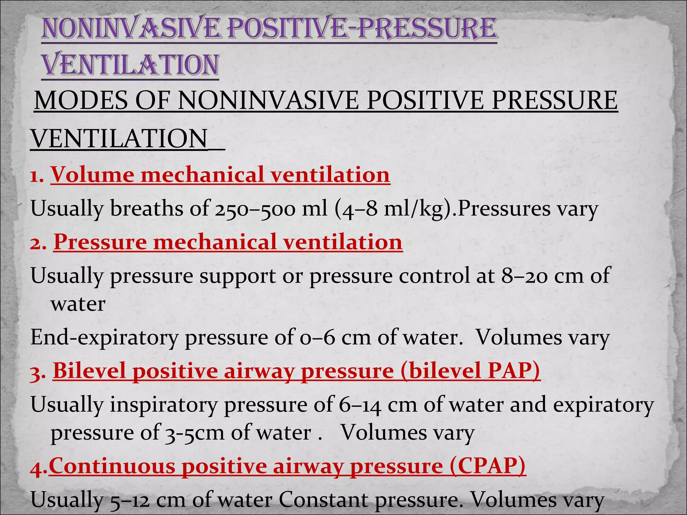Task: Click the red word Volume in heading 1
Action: click(x=92, y=175)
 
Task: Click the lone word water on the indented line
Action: click(x=78, y=304)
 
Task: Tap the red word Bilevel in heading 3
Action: click(x=90, y=371)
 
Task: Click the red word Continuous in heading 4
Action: click(x=112, y=466)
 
